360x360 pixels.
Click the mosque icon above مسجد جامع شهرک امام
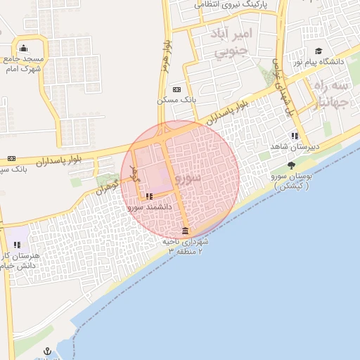click(24, 49)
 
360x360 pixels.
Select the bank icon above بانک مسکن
click(176, 89)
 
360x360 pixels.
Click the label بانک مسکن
click(176, 101)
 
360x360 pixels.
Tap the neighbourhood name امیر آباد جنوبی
click(232, 42)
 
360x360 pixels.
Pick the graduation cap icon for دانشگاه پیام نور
click(318, 51)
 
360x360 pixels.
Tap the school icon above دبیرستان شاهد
click(293, 136)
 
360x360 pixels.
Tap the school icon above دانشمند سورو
click(149, 197)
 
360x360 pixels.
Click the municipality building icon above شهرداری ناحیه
click(185, 231)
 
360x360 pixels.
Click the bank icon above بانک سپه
click(11, 158)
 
